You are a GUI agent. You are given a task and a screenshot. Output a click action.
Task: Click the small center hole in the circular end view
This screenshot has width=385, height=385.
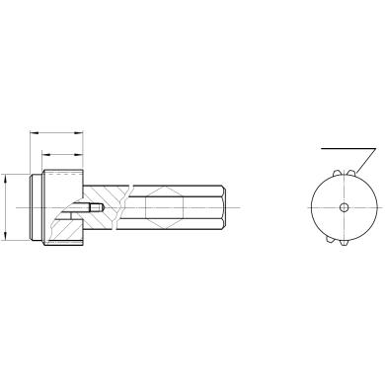tap(343, 207)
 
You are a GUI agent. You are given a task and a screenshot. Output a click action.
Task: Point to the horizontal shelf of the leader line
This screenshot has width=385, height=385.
tap(347, 149)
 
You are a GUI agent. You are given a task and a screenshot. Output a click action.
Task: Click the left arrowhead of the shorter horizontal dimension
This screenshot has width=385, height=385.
tap(44, 154)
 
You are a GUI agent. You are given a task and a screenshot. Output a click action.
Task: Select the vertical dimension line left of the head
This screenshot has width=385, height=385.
tap(7, 207)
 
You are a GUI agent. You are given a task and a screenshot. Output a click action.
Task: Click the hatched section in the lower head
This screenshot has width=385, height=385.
tap(64, 229)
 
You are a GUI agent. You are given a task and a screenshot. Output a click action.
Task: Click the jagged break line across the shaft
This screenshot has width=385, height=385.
tap(121, 208)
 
